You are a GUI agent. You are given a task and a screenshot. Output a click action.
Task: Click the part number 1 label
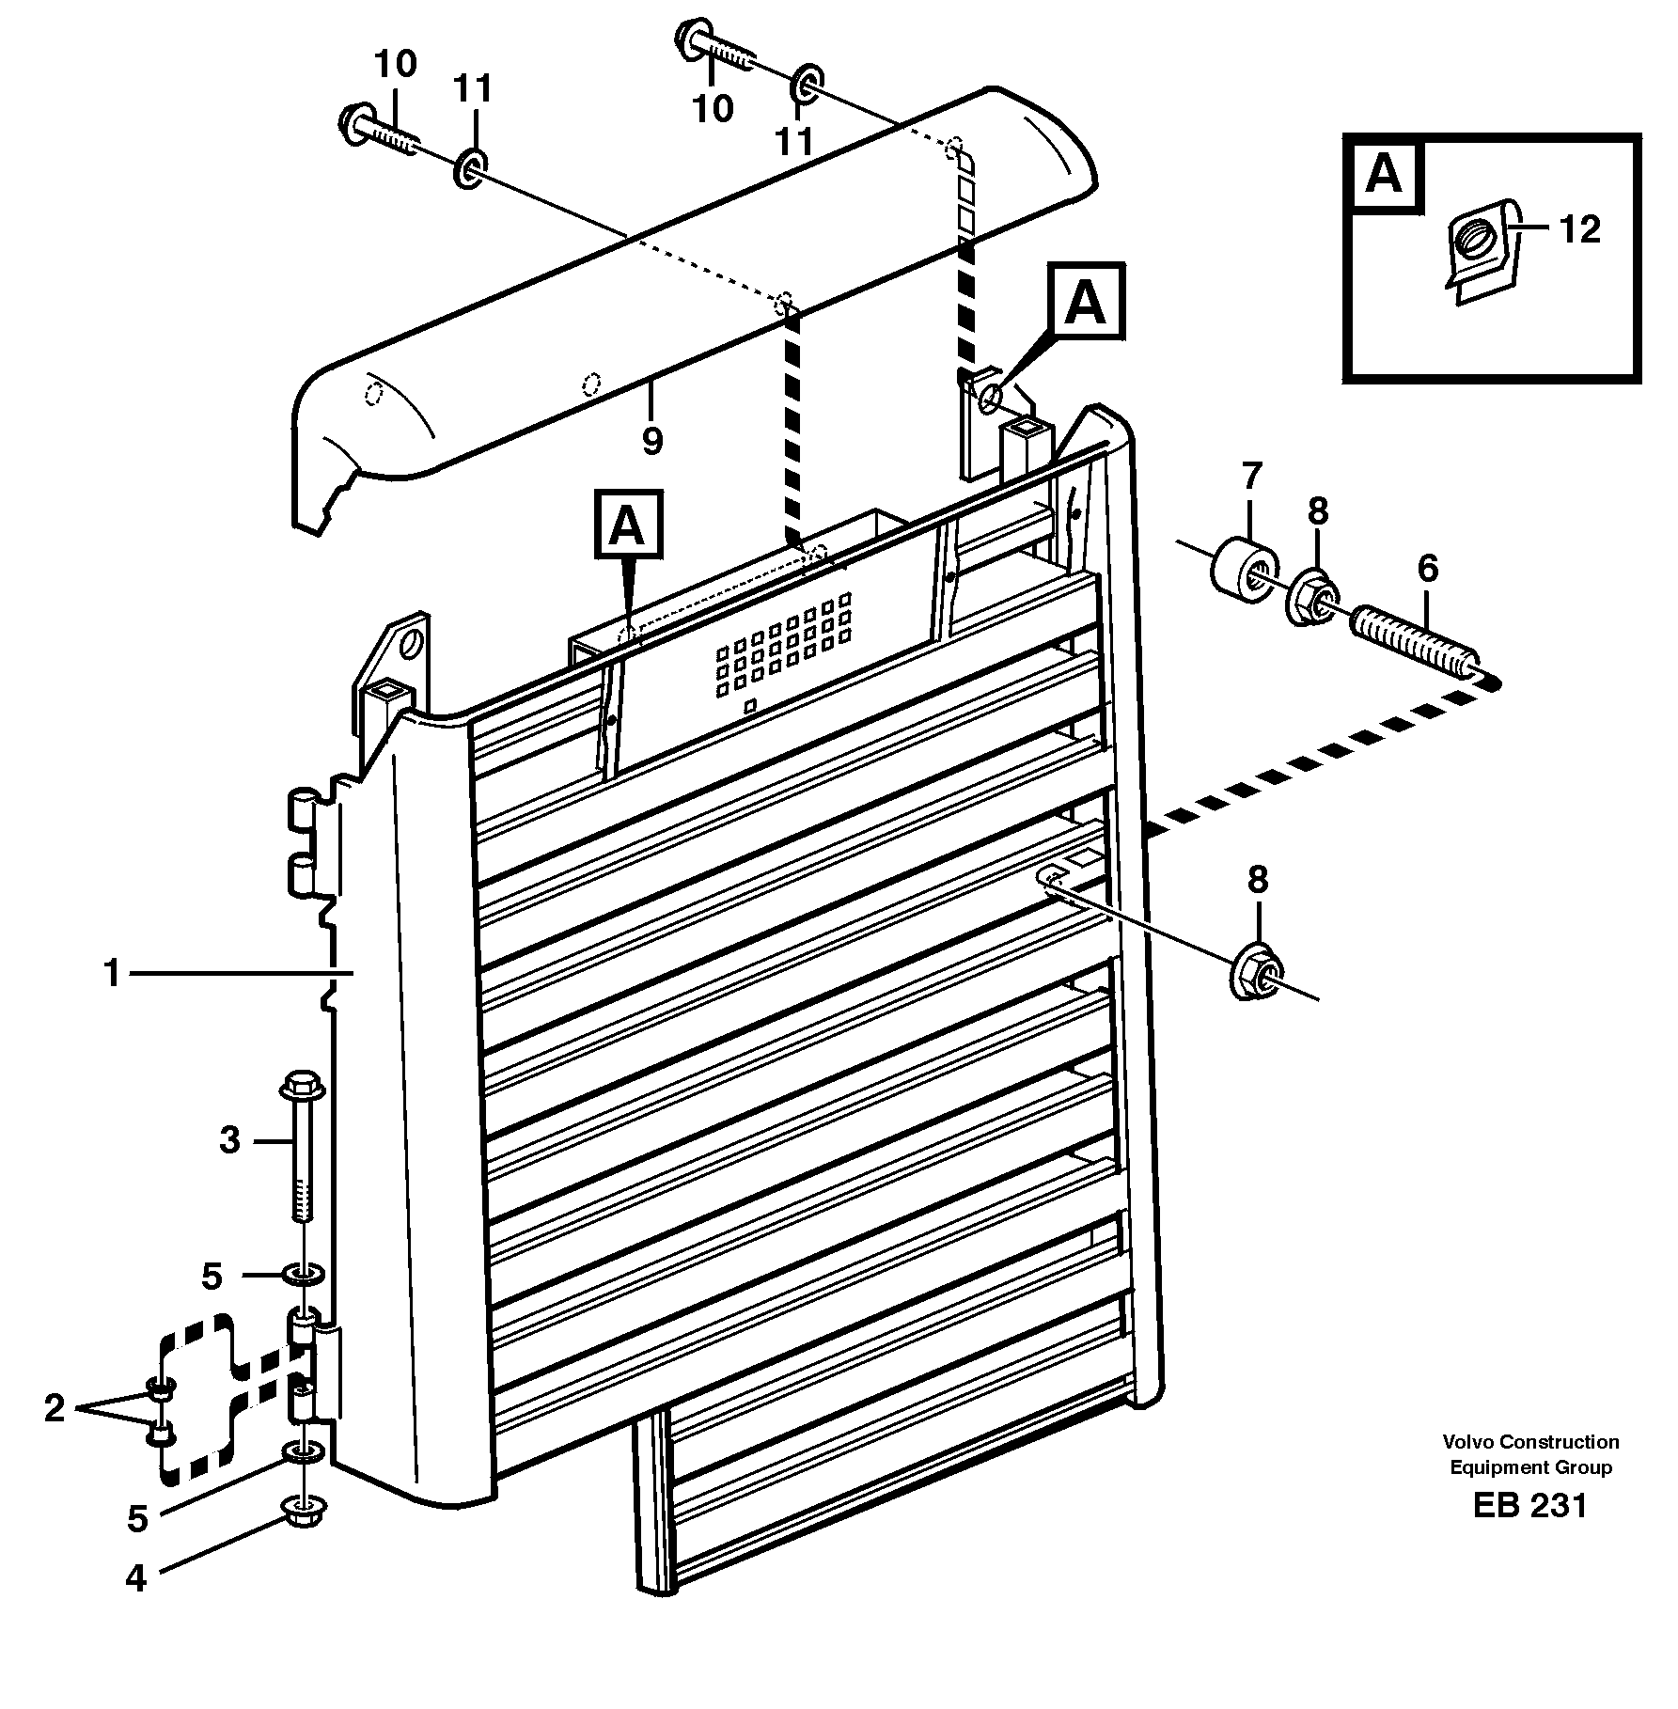[x=112, y=974]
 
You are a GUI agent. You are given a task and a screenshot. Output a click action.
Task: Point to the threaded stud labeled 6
[x=1418, y=646]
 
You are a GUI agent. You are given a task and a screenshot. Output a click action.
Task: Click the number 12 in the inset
[x=1578, y=228]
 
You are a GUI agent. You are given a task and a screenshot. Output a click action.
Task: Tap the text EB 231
[x=1530, y=1505]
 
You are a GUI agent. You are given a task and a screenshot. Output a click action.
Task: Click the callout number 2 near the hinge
[x=54, y=1407]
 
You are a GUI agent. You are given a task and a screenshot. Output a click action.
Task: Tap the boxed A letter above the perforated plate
[x=628, y=526]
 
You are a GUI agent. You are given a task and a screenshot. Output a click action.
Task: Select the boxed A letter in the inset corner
[x=1384, y=175]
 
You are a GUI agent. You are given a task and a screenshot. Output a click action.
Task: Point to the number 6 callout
[x=1427, y=569]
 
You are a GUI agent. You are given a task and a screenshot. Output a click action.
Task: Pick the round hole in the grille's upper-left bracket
[x=410, y=646]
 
